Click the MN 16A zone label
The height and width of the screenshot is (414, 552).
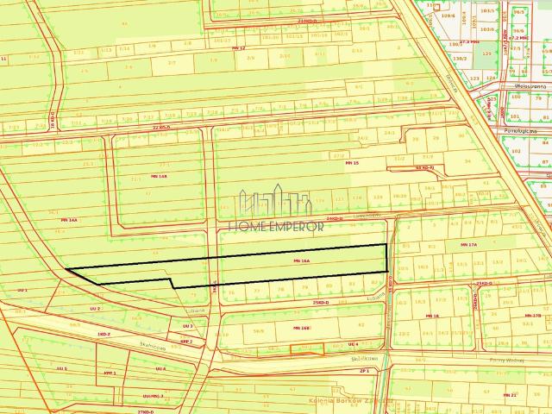pos(301,260)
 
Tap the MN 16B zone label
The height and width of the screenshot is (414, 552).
pos(301,329)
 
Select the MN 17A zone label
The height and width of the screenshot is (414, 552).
pos(468,246)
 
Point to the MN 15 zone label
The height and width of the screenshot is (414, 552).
pos(350,162)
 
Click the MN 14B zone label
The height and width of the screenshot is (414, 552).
pos(158,176)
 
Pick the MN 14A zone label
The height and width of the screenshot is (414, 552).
pos(69,221)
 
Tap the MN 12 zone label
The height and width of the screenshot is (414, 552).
pos(239,48)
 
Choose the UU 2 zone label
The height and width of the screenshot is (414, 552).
pos(96,308)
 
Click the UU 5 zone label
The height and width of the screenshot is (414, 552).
pos(61,368)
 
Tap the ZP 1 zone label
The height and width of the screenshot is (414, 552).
pos(365,370)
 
